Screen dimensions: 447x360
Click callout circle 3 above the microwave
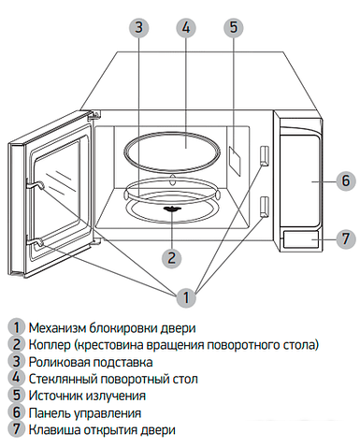[139, 27]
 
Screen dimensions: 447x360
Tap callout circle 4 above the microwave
[185, 27]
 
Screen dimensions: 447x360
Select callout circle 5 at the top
[232, 27]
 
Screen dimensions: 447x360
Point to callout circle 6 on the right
[344, 180]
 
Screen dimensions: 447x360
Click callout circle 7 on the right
[344, 238]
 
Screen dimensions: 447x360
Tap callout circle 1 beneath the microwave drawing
[185, 297]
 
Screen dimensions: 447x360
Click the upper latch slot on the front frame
[266, 154]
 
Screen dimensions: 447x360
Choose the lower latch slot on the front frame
[266, 205]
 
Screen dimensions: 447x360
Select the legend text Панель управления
[85, 412]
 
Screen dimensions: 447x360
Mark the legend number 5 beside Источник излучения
[16, 396]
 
